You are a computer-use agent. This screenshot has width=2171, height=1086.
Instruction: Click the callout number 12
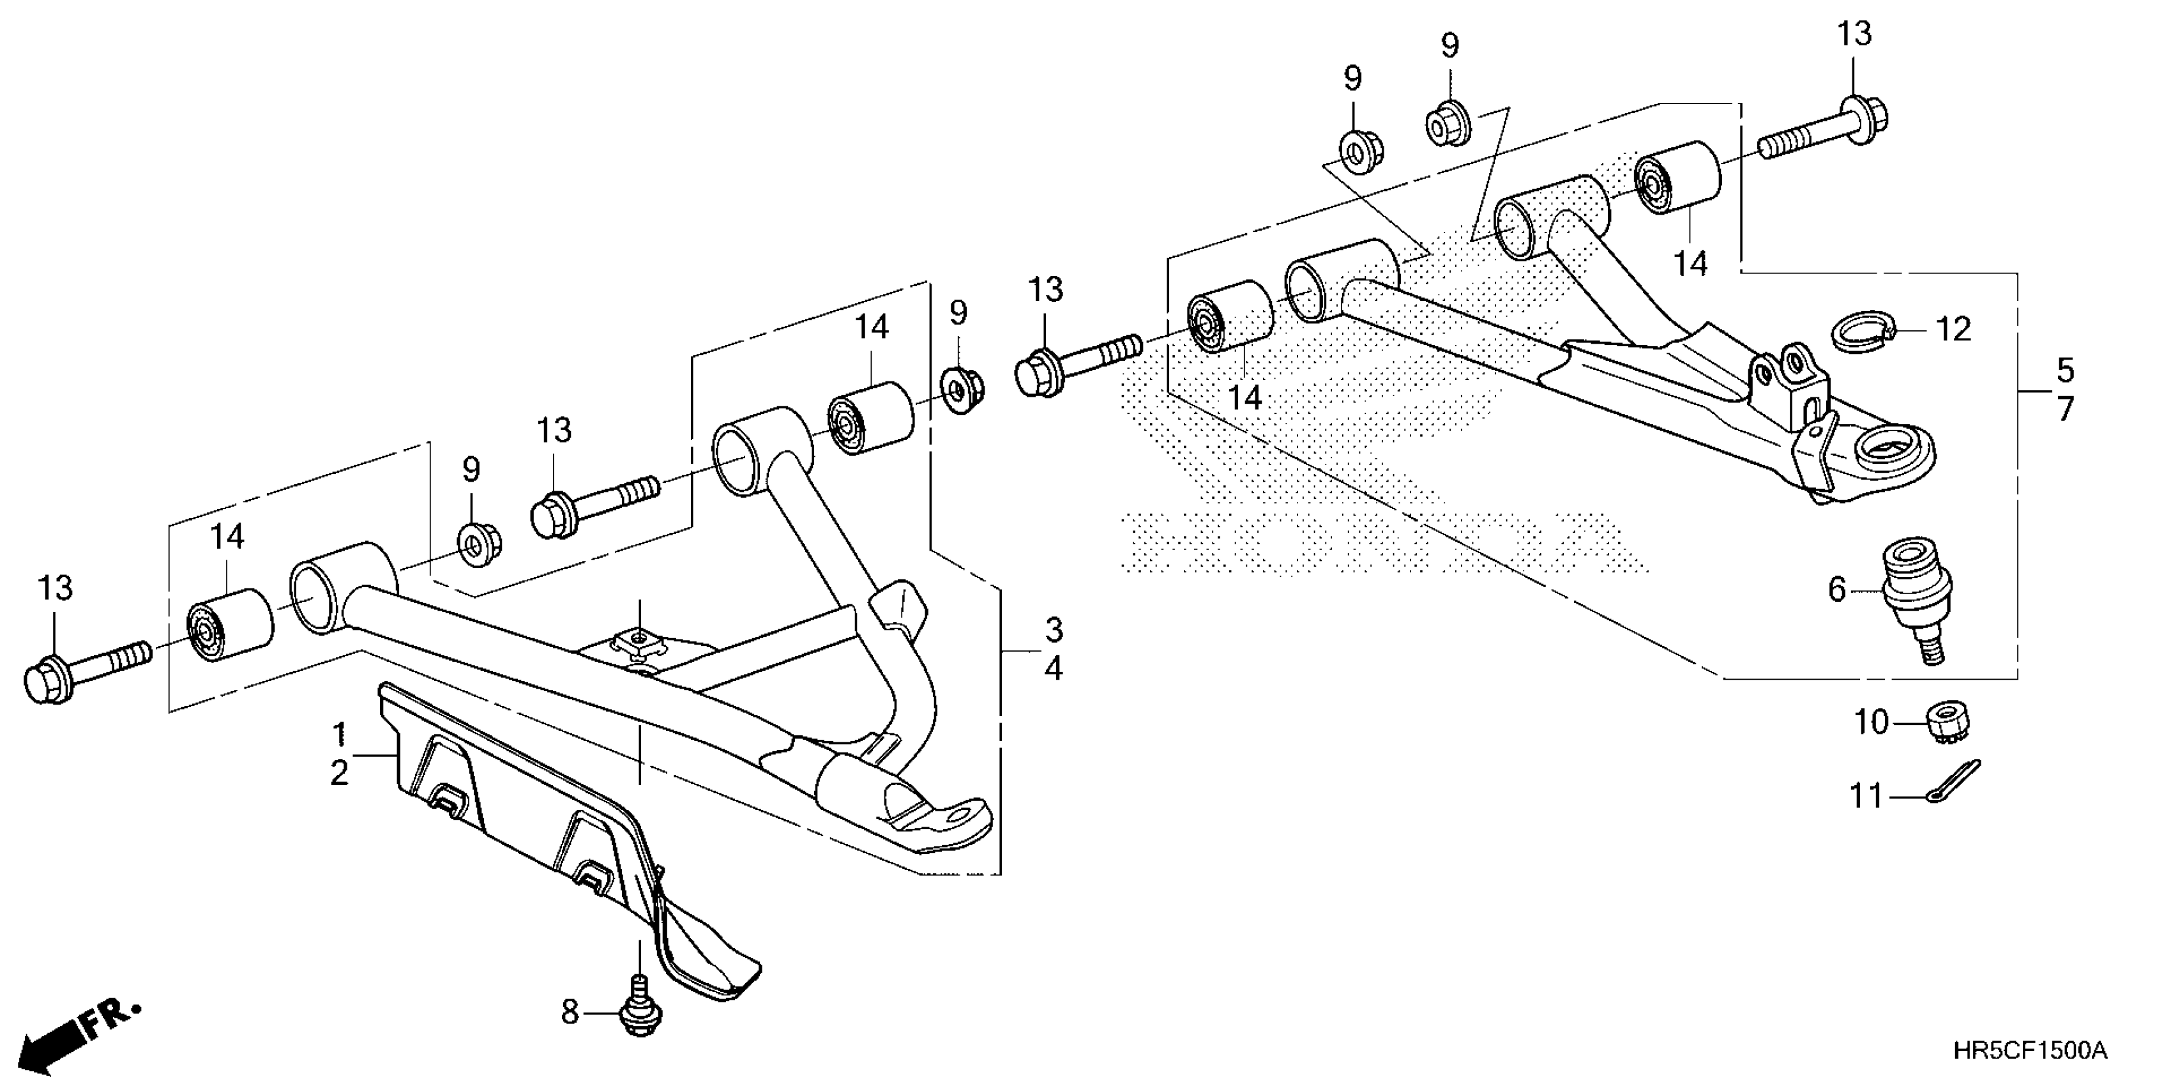(1953, 329)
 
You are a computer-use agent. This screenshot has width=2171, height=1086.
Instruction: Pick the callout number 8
(571, 1011)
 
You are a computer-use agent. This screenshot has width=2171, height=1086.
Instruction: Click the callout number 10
(1872, 723)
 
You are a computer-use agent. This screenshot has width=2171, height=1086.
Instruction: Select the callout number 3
(1054, 629)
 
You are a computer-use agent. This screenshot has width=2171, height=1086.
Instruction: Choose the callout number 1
(340, 735)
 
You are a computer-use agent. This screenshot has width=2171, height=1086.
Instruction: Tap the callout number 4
(1054, 669)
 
